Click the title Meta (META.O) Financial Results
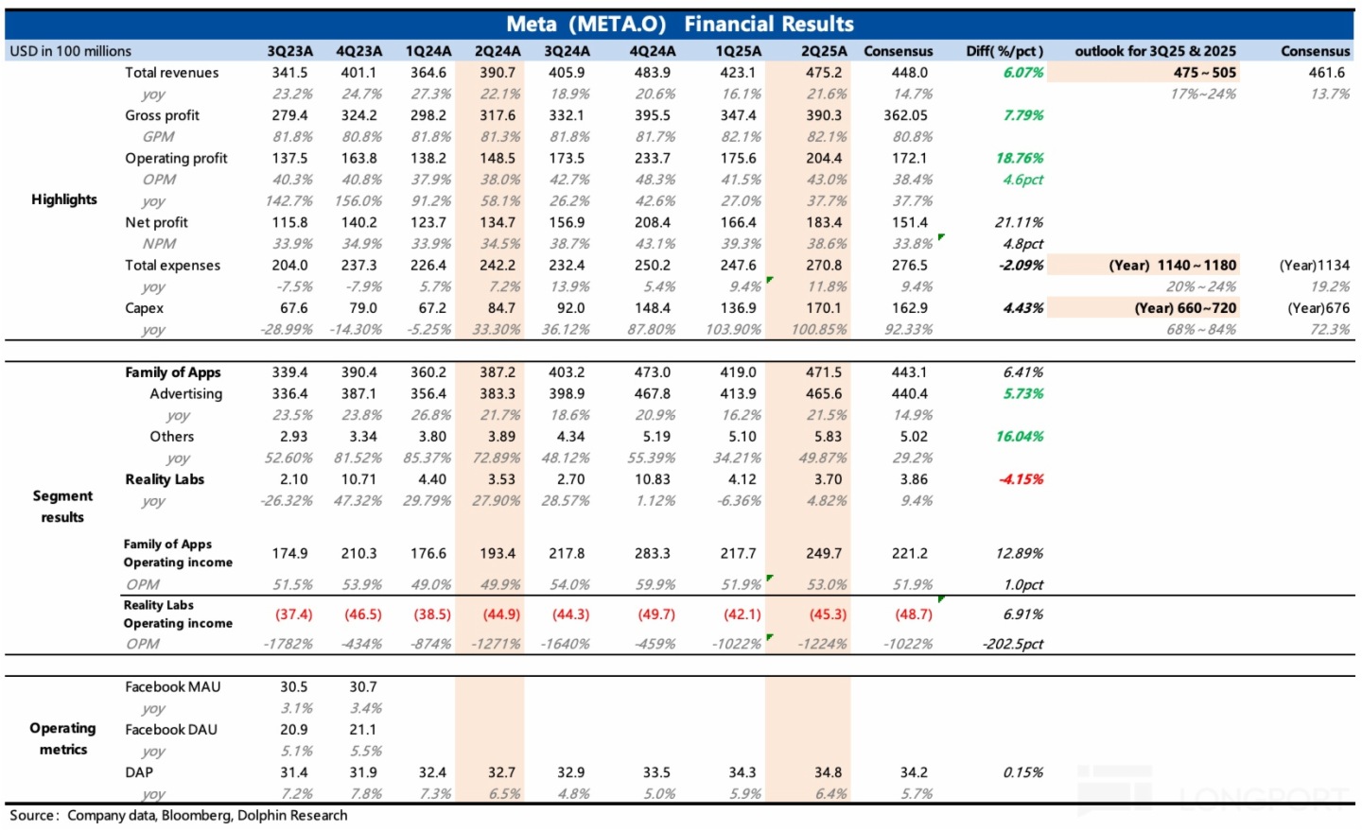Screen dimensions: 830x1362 tap(679, 24)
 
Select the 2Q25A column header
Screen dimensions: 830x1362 tap(824, 51)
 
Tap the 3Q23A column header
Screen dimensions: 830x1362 tap(289, 51)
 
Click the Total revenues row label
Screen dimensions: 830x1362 tap(171, 73)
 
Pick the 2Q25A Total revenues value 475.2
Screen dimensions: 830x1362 tap(824, 73)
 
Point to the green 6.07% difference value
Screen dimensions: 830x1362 tap(1023, 73)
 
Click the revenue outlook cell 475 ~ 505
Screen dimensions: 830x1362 tap(1204, 73)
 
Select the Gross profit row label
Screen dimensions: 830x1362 tap(162, 115)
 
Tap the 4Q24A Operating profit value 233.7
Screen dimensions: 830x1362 tap(653, 158)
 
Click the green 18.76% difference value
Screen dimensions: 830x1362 tap(1020, 158)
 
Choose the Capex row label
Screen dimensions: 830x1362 tap(144, 308)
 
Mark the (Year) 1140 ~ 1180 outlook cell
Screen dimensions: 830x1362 tap(1172, 266)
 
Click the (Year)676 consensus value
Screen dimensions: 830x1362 tap(1318, 308)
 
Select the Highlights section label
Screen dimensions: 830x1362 tap(64, 199)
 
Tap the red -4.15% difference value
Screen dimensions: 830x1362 tap(1021, 479)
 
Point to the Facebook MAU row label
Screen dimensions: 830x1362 tap(172, 687)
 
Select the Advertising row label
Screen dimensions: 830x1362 tap(185, 393)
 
